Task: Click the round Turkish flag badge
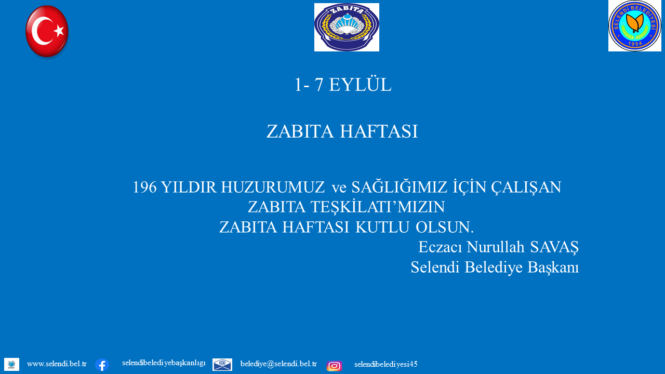tap(47, 31)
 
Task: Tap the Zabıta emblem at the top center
tap(347, 28)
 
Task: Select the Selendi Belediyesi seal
tap(635, 26)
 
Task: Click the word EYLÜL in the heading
tap(360, 85)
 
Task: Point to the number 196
tap(144, 188)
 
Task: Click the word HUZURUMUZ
tap(273, 188)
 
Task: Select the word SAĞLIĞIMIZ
tap(400, 187)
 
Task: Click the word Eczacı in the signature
tap(440, 247)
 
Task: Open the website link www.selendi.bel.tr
tap(57, 364)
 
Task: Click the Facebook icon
tap(102, 365)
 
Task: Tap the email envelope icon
tap(222, 365)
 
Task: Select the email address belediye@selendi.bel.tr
tap(278, 364)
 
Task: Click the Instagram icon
tap(334, 366)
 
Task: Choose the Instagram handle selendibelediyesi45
tap(385, 364)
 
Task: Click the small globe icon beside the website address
tap(11, 364)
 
